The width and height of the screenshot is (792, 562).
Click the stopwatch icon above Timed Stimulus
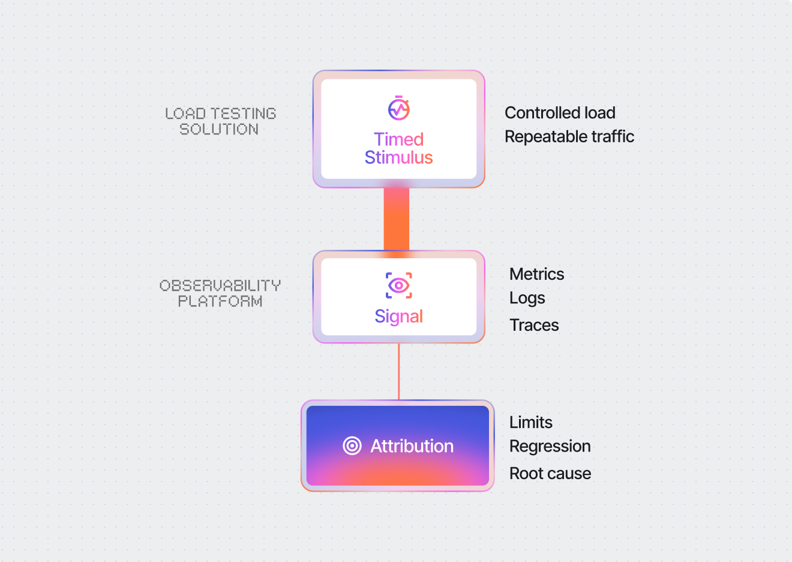(399, 109)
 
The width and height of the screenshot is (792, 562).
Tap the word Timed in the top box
(399, 139)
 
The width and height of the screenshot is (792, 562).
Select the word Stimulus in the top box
(399, 157)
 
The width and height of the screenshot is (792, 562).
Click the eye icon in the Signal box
(399, 285)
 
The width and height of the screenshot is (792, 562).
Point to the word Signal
(399, 316)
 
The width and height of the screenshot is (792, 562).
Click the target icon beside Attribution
(352, 446)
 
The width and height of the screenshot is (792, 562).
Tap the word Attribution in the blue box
(412, 446)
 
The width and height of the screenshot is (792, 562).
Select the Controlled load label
(560, 113)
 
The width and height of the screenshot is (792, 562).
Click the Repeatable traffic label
(569, 137)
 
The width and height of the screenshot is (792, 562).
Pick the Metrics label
(537, 274)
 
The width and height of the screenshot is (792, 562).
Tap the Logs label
(527, 298)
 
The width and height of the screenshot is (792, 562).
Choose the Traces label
(534, 325)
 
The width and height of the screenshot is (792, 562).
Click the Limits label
(531, 423)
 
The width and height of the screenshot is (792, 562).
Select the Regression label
(550, 447)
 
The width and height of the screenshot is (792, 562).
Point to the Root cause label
(550, 474)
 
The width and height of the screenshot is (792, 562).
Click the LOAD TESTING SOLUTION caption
(220, 121)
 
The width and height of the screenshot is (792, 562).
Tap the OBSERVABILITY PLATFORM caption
(220, 293)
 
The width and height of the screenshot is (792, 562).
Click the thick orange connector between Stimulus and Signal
(397, 219)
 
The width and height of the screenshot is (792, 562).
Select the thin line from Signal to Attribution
(399, 371)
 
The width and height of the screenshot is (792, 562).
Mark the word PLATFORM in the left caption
(220, 301)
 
